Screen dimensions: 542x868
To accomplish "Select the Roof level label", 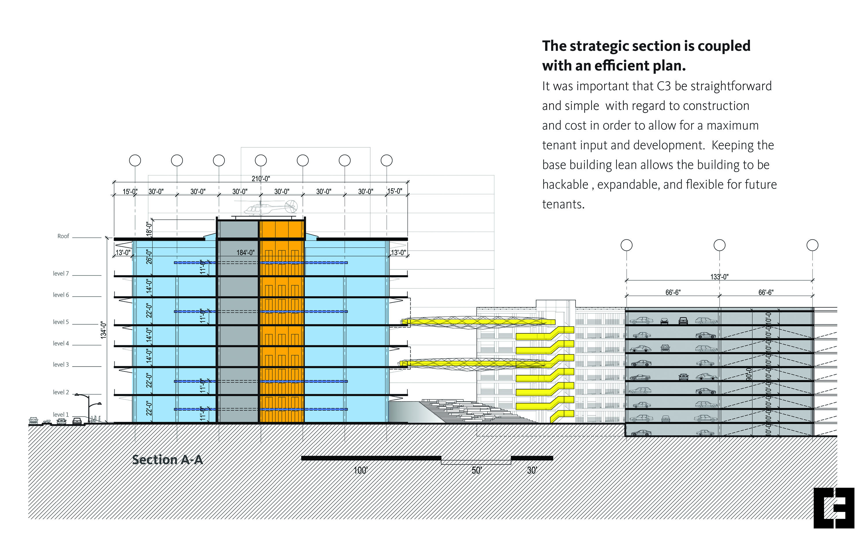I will point(63,236).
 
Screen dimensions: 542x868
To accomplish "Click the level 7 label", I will point(61,273).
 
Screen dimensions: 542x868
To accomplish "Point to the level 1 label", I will point(61,415).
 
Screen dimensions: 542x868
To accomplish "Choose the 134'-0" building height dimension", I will point(104,330).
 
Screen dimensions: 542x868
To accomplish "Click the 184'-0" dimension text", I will point(245,253).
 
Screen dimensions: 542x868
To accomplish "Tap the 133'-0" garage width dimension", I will point(719,277).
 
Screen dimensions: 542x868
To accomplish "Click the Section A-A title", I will point(168,460).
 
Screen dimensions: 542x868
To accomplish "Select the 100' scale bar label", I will point(361,470).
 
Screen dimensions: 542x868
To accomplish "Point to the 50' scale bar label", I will point(476,470).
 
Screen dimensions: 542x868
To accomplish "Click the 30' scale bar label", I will point(532,470).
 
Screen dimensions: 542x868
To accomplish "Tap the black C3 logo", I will point(834,508).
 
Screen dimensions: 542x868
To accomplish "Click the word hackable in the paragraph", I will point(565,185).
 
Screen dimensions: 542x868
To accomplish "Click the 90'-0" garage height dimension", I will point(749,374).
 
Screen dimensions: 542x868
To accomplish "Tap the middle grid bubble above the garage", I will point(719,245).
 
